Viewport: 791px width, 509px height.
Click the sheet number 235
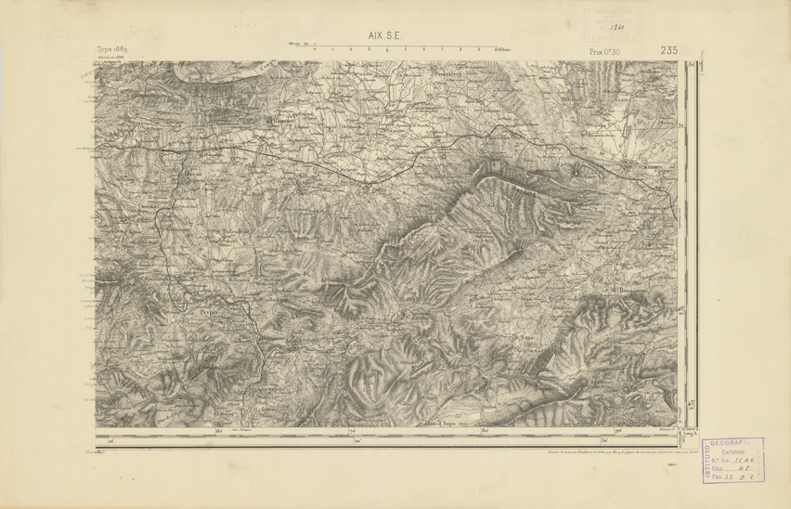(671, 50)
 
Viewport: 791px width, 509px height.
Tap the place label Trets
(379, 187)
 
